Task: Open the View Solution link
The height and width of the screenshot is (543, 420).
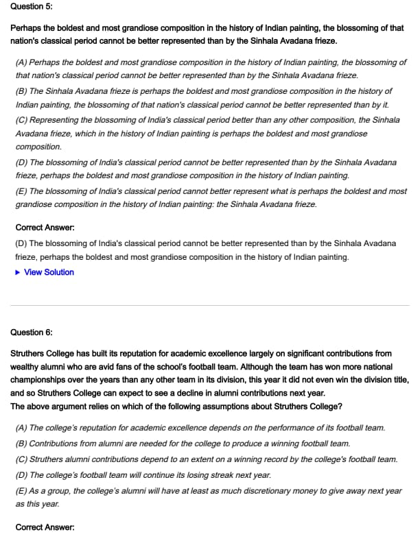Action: [49, 272]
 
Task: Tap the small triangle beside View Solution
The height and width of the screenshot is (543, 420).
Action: [19, 272]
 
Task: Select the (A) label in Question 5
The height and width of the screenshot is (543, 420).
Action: [22, 62]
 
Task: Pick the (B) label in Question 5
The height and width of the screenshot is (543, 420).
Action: [22, 91]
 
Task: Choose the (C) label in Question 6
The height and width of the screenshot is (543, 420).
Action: [22, 459]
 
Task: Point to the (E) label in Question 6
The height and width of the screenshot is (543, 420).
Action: [22, 491]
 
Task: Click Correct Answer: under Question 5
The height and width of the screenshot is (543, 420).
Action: [45, 227]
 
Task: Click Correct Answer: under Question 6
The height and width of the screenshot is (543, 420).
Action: [45, 527]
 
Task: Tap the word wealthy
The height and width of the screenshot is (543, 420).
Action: [27, 367]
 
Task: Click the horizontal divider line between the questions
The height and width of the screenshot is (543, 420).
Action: [210, 305]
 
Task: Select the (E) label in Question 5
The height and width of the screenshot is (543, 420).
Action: [22, 191]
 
